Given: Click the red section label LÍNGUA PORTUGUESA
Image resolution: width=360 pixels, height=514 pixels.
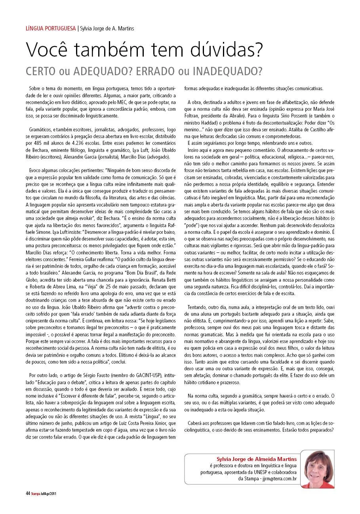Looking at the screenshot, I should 51,28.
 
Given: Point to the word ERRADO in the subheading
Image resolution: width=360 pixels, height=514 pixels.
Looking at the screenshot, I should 158,71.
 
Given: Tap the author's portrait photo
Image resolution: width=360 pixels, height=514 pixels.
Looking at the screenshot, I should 320,469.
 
